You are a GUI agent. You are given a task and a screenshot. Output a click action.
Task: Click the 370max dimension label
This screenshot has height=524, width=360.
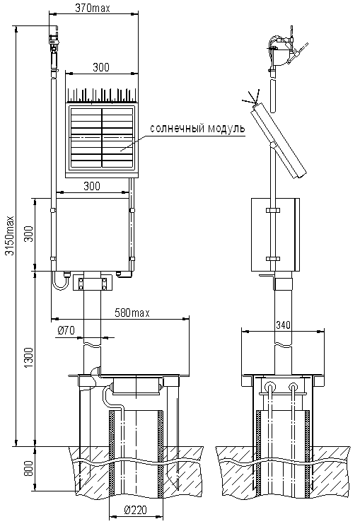coord(92,8)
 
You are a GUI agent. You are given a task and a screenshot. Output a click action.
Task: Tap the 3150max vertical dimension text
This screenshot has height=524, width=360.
coord(11,235)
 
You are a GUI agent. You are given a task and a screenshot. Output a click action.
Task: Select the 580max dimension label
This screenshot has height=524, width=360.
coord(132,313)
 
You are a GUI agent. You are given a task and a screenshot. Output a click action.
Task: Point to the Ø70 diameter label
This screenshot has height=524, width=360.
coord(66,331)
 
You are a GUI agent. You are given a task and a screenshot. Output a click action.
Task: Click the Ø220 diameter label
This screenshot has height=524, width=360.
coord(135,510)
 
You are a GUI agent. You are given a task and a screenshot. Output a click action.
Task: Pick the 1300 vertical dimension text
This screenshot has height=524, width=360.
coord(29,358)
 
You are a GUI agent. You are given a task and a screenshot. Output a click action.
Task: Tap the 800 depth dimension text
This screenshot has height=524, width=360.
coord(29,469)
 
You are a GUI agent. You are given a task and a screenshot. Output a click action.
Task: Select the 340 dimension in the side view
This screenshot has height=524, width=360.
coord(284,325)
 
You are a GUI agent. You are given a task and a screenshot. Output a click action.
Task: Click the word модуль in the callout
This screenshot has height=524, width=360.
coord(226,128)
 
